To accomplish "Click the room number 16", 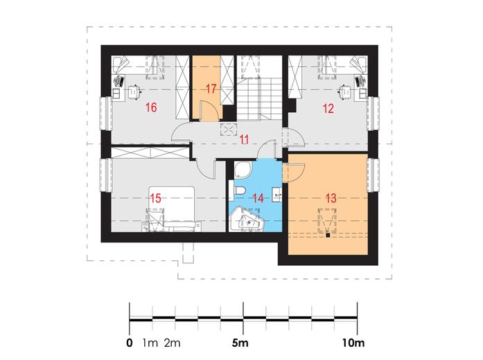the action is tap(151, 107).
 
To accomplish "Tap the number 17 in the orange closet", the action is tap(211, 89).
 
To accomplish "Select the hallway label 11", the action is tap(245, 139).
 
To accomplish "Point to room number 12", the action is tap(328, 109).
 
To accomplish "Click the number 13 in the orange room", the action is tap(331, 198).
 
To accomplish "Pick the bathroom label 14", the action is tap(258, 198).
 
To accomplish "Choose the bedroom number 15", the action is tap(155, 198).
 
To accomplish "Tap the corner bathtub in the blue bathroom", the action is tap(247, 219).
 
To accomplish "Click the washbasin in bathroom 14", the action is tap(277, 195).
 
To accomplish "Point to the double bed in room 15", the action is tap(172, 208).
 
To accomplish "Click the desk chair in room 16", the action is tap(134, 91).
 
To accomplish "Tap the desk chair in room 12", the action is tap(345, 91).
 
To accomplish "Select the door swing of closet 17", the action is tap(209, 110).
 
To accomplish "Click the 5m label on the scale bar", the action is tap(240, 343).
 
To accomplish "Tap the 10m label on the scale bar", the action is tap(353, 343).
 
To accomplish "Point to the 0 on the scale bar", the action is tap(130, 343).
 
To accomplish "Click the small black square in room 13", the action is tap(328, 235).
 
